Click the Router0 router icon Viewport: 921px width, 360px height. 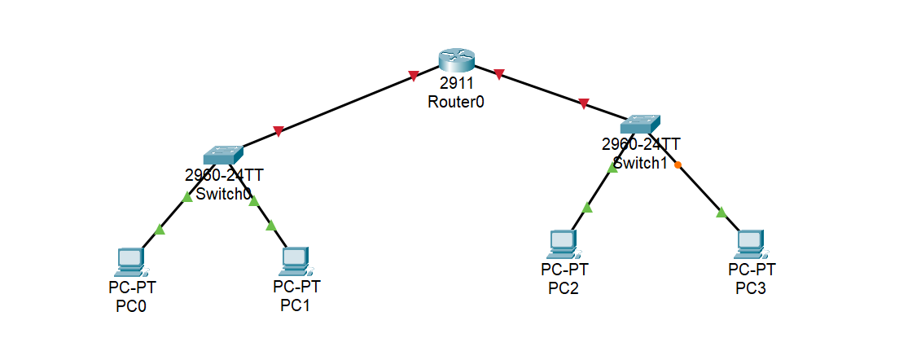point(456,59)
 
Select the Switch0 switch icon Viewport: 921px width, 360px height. point(223,154)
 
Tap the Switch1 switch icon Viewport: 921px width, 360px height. point(641,124)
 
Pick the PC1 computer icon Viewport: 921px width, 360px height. point(296,261)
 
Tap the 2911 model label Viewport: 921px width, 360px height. point(456,84)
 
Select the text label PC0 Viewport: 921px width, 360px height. point(131,306)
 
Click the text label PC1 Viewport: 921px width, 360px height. point(296,305)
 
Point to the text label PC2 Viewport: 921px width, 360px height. point(564,288)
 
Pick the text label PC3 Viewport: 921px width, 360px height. point(751,288)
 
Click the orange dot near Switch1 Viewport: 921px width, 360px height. point(678,165)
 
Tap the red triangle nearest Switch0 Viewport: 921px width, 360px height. point(278,130)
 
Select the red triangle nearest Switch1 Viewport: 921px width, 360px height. point(583,103)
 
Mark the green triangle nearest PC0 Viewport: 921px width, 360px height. point(160,230)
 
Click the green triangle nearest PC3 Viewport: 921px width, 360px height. point(721,213)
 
